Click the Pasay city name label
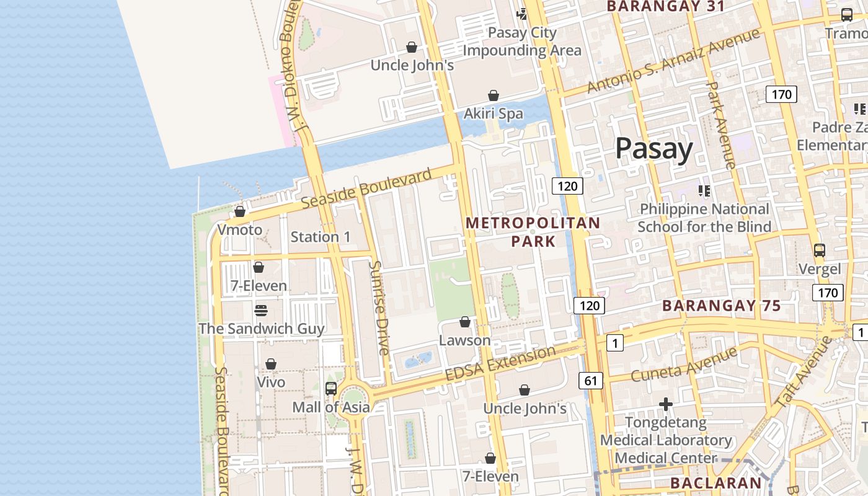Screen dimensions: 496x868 coord(654,150)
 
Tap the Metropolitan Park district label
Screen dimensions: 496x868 coord(533,232)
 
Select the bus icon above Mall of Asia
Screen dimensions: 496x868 coord(331,389)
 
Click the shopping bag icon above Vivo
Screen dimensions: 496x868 coord(271,364)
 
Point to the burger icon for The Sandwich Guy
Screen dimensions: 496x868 coord(261,310)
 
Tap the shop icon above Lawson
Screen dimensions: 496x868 coord(465,322)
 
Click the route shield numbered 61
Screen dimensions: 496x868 coord(590,381)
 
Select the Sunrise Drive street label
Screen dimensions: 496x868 coord(379,308)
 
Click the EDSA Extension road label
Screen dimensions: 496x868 coord(501,365)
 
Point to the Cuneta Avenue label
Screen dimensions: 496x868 coord(683,365)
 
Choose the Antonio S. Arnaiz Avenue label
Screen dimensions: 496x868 coord(673,61)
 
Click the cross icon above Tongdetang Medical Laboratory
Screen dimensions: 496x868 coord(666,405)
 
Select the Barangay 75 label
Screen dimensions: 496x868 coord(721,306)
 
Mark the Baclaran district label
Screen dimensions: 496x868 coord(715,484)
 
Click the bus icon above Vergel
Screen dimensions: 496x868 coord(820,250)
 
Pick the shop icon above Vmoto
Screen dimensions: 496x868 coord(240,211)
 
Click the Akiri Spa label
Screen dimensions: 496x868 coord(494,114)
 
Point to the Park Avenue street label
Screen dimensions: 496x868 coord(720,125)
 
